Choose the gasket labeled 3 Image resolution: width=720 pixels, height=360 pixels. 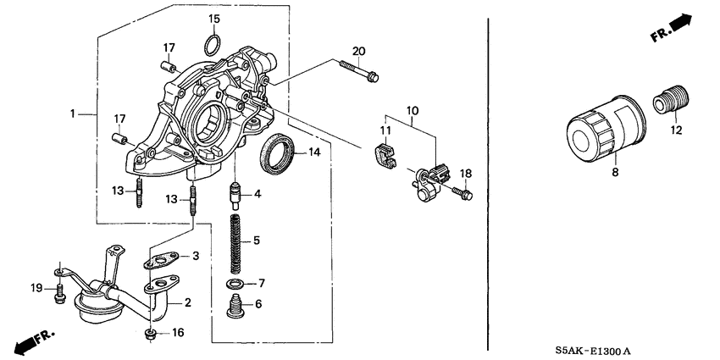click(163, 258)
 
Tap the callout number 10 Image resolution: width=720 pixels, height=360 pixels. click(413, 110)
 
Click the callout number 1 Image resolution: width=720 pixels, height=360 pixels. click(74, 113)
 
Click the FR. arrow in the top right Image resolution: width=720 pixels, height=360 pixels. click(673, 33)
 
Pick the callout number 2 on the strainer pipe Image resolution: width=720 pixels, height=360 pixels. click(188, 301)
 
